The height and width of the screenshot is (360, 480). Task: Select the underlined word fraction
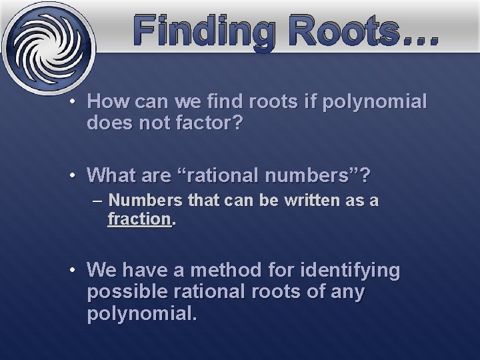pyautogui.click(x=139, y=218)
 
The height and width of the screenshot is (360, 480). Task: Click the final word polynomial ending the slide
pyautogui.click(x=141, y=313)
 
